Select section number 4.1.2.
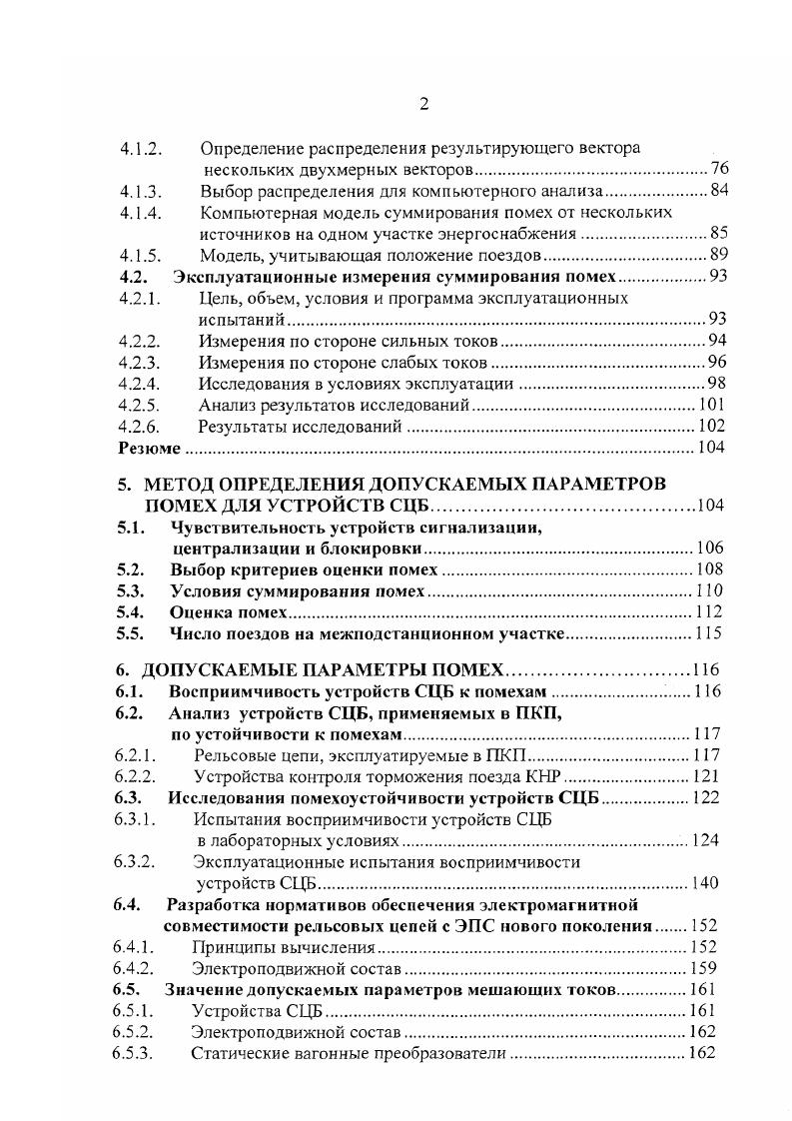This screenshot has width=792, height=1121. tap(141, 149)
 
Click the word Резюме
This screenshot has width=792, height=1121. tap(144, 449)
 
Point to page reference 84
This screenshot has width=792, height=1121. tap(719, 191)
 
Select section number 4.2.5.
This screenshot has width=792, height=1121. tap(141, 406)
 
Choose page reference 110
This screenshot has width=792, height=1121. tap(709, 590)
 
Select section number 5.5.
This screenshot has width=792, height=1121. tap(132, 633)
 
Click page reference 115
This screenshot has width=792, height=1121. tap(708, 633)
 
